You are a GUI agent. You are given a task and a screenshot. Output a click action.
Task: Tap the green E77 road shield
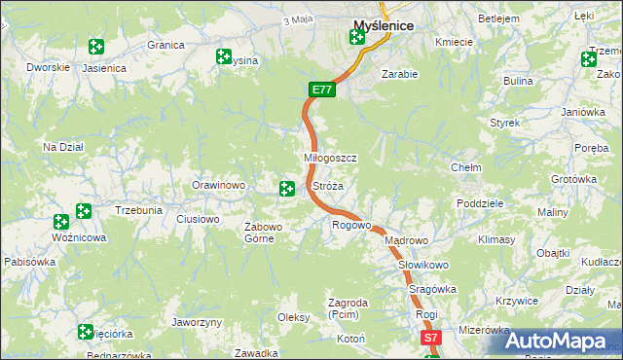click(322, 90)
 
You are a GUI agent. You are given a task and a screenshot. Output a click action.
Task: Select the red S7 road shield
click(432, 338)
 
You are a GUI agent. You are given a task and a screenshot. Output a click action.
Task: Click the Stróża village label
click(327, 185)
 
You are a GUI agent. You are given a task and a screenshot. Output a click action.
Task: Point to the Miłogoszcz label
click(331, 158)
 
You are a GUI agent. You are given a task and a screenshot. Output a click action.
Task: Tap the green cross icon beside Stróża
click(287, 188)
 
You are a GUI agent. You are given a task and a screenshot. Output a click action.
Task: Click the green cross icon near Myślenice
click(356, 38)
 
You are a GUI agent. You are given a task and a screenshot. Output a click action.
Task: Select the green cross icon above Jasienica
click(95, 47)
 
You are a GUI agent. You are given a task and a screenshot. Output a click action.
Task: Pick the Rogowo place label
click(351, 226)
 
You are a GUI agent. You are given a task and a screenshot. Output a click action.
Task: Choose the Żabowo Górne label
click(263, 233)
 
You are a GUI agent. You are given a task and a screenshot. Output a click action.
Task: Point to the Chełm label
click(466, 167)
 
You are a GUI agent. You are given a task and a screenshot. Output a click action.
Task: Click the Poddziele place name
click(479, 203)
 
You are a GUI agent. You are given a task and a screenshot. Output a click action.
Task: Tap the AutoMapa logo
click(554, 342)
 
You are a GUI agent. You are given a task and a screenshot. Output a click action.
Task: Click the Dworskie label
click(49, 67)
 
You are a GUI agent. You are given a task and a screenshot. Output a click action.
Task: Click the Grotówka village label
click(573, 180)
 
